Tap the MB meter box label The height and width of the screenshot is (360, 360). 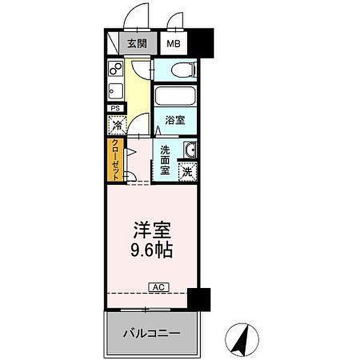[173, 44]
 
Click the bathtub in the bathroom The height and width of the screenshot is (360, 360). [175, 97]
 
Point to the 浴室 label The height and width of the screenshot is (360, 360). [175, 120]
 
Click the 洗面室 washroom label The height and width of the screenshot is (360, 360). [164, 160]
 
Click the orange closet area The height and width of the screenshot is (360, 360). [114, 159]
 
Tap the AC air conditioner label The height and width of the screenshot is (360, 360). [158, 287]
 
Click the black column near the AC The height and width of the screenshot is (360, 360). [199, 298]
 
